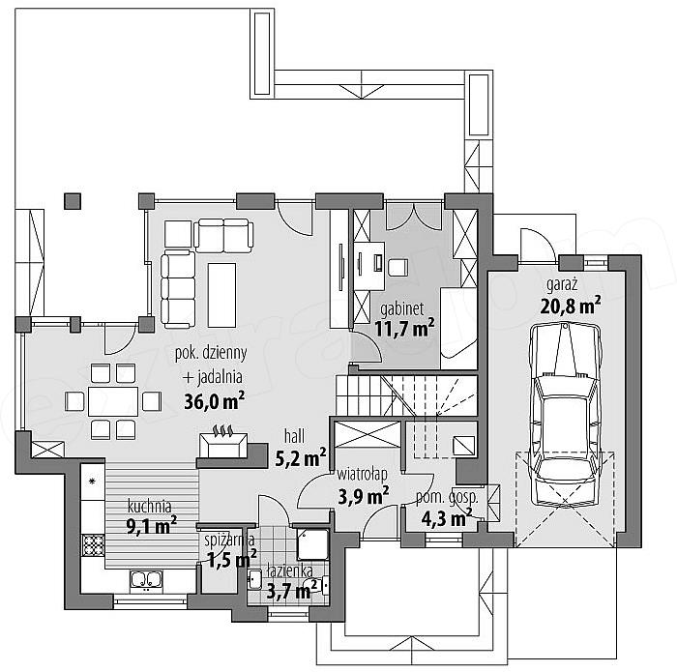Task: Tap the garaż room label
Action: coord(562,285)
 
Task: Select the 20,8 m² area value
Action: coord(571,306)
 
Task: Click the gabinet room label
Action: coord(402,309)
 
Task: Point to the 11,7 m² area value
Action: coord(404,329)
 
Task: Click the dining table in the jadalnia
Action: coord(113,401)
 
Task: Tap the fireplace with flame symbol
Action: coord(223,442)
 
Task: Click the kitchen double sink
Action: coord(146,580)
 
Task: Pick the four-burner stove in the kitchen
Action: coord(93,545)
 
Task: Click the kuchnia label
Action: coord(150,507)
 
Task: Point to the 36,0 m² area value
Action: coord(214,401)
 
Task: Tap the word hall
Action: coord(294,436)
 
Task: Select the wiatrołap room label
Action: coord(363,475)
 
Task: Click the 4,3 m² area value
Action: coord(447,518)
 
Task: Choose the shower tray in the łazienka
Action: coord(312,544)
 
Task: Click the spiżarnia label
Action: coord(229,540)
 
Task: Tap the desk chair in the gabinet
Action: coord(397,268)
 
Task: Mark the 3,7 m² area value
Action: coord(292,590)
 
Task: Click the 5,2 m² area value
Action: coord(301,458)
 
